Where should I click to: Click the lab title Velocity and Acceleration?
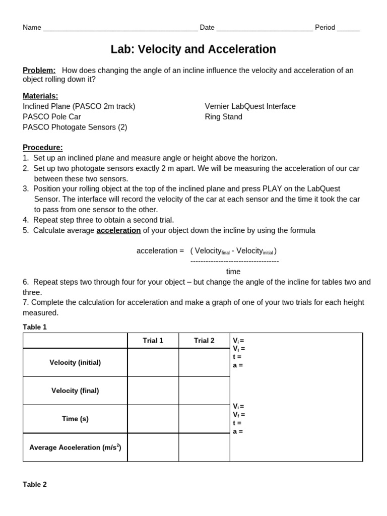point(193,49)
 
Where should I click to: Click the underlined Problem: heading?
point(39,71)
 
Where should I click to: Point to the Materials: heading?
point(40,96)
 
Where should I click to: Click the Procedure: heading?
point(43,148)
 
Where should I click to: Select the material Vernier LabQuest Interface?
point(250,106)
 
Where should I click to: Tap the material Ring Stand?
point(223,117)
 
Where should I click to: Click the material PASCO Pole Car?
point(52,117)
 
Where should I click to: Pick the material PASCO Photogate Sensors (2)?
point(75,127)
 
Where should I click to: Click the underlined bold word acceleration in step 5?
point(118,230)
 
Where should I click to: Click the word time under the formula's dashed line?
point(233,272)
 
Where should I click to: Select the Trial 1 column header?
point(153,341)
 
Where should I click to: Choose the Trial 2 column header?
point(204,341)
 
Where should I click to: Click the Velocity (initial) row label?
point(75,362)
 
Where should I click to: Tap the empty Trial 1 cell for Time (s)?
point(153,419)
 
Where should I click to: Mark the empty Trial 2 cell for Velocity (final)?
point(204,391)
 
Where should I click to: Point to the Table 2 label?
point(35,484)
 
